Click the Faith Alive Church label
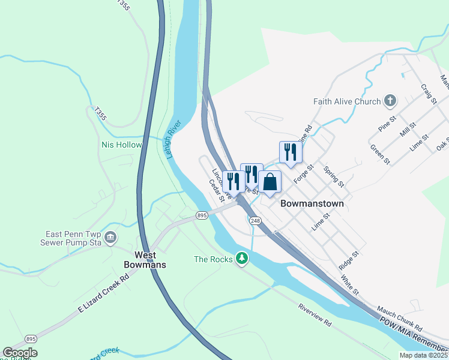[347, 101]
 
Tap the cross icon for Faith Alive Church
[390, 100]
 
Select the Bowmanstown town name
[312, 203]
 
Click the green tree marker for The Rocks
[242, 258]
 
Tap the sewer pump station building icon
[110, 238]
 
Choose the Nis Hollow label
[122, 145]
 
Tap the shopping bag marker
[270, 182]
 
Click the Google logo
[20, 353]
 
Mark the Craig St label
[428, 94]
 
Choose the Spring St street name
[334, 176]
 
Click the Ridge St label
[348, 259]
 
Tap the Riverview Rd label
[315, 314]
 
